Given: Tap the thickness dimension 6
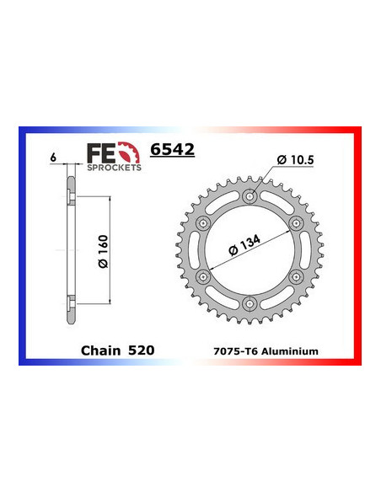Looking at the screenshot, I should (x=52, y=158).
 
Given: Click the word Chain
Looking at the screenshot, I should (x=99, y=349).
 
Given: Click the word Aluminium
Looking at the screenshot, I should (x=292, y=350).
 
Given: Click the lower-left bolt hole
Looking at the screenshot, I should (x=202, y=277).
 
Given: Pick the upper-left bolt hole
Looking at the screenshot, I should (x=202, y=223).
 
